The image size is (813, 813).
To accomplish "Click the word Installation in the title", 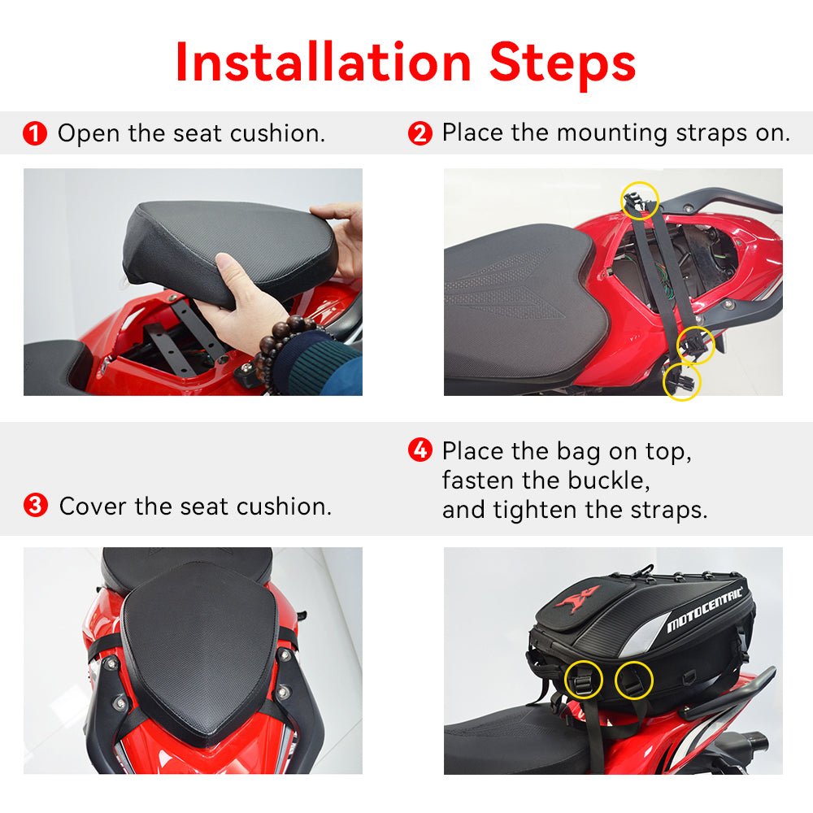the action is click(324, 62).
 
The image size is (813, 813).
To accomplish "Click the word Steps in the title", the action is click(563, 66).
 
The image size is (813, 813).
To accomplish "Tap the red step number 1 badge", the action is click(35, 133).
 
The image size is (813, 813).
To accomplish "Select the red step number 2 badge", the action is click(420, 133).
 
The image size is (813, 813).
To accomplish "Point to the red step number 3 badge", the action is click(36, 506).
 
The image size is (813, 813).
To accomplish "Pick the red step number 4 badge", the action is click(420, 450).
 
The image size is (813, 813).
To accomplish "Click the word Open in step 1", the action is click(89, 134).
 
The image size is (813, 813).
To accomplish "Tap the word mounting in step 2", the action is click(612, 134).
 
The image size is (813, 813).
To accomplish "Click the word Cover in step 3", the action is click(93, 506).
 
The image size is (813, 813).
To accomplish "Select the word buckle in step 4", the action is click(609, 480).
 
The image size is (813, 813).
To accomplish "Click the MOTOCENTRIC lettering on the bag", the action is click(704, 610).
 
